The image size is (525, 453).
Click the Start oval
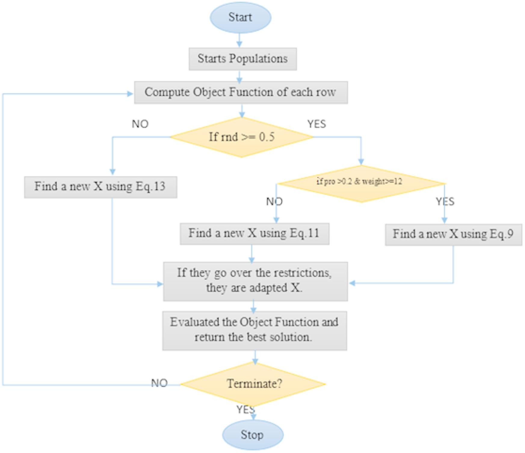(x=240, y=17)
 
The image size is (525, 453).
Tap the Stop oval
(x=253, y=435)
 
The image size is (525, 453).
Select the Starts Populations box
(x=242, y=59)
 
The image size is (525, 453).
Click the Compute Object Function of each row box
(x=241, y=92)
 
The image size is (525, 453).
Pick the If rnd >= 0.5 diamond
(x=242, y=137)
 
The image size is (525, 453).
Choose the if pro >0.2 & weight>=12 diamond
(x=361, y=183)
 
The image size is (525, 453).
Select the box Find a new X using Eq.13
(x=100, y=187)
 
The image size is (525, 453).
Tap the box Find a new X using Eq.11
(x=254, y=234)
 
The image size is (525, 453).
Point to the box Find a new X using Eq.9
(x=453, y=235)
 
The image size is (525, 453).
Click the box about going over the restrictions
(x=255, y=281)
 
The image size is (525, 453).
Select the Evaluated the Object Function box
(x=255, y=330)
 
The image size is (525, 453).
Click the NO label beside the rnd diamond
(x=140, y=124)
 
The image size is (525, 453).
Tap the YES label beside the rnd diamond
(x=317, y=124)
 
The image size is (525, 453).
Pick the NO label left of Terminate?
(x=159, y=383)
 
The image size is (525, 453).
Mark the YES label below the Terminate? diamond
(x=246, y=409)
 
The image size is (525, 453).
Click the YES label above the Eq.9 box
(x=445, y=201)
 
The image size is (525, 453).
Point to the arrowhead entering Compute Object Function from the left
(x=130, y=94)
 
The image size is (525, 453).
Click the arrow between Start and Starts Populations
(x=239, y=40)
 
